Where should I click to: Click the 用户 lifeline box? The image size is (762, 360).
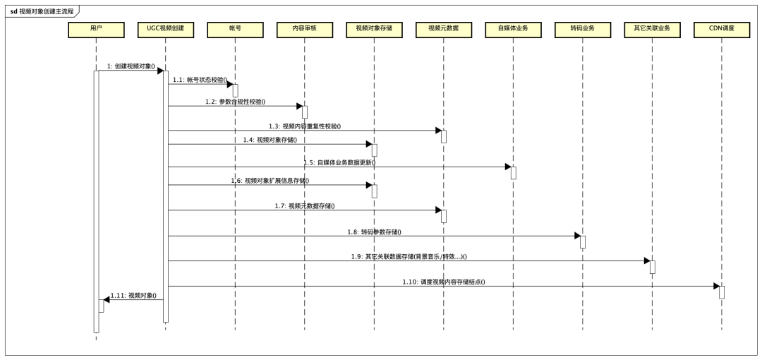click(x=96, y=29)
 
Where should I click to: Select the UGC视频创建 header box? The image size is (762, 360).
click(x=165, y=29)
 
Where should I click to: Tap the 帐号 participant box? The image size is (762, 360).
click(x=235, y=29)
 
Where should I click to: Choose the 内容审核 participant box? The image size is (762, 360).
click(x=305, y=29)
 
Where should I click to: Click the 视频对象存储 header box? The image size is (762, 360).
click(x=374, y=29)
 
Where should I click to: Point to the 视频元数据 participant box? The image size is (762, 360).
click(x=443, y=29)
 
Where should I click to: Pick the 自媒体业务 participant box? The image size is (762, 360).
click(x=513, y=29)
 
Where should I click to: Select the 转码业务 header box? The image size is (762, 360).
click(x=582, y=29)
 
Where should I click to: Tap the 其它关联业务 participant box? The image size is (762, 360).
click(x=652, y=29)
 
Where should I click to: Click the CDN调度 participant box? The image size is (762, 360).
click(x=721, y=29)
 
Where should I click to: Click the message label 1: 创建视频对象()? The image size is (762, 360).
click(x=131, y=66)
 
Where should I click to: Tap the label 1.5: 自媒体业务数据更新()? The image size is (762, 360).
click(x=339, y=162)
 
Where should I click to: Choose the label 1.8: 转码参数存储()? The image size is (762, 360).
click(x=375, y=232)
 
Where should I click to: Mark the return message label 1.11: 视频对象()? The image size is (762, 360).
click(x=133, y=295)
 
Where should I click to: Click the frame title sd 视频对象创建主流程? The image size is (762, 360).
click(x=41, y=11)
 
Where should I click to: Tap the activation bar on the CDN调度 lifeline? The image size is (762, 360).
click(x=722, y=292)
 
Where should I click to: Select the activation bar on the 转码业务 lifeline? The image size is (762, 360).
click(x=583, y=242)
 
